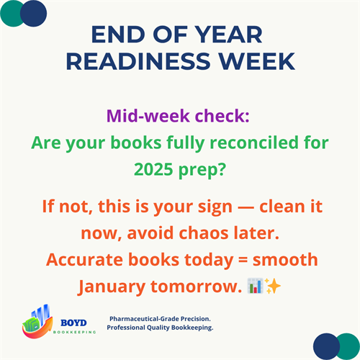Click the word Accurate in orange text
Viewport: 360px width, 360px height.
click(79, 260)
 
